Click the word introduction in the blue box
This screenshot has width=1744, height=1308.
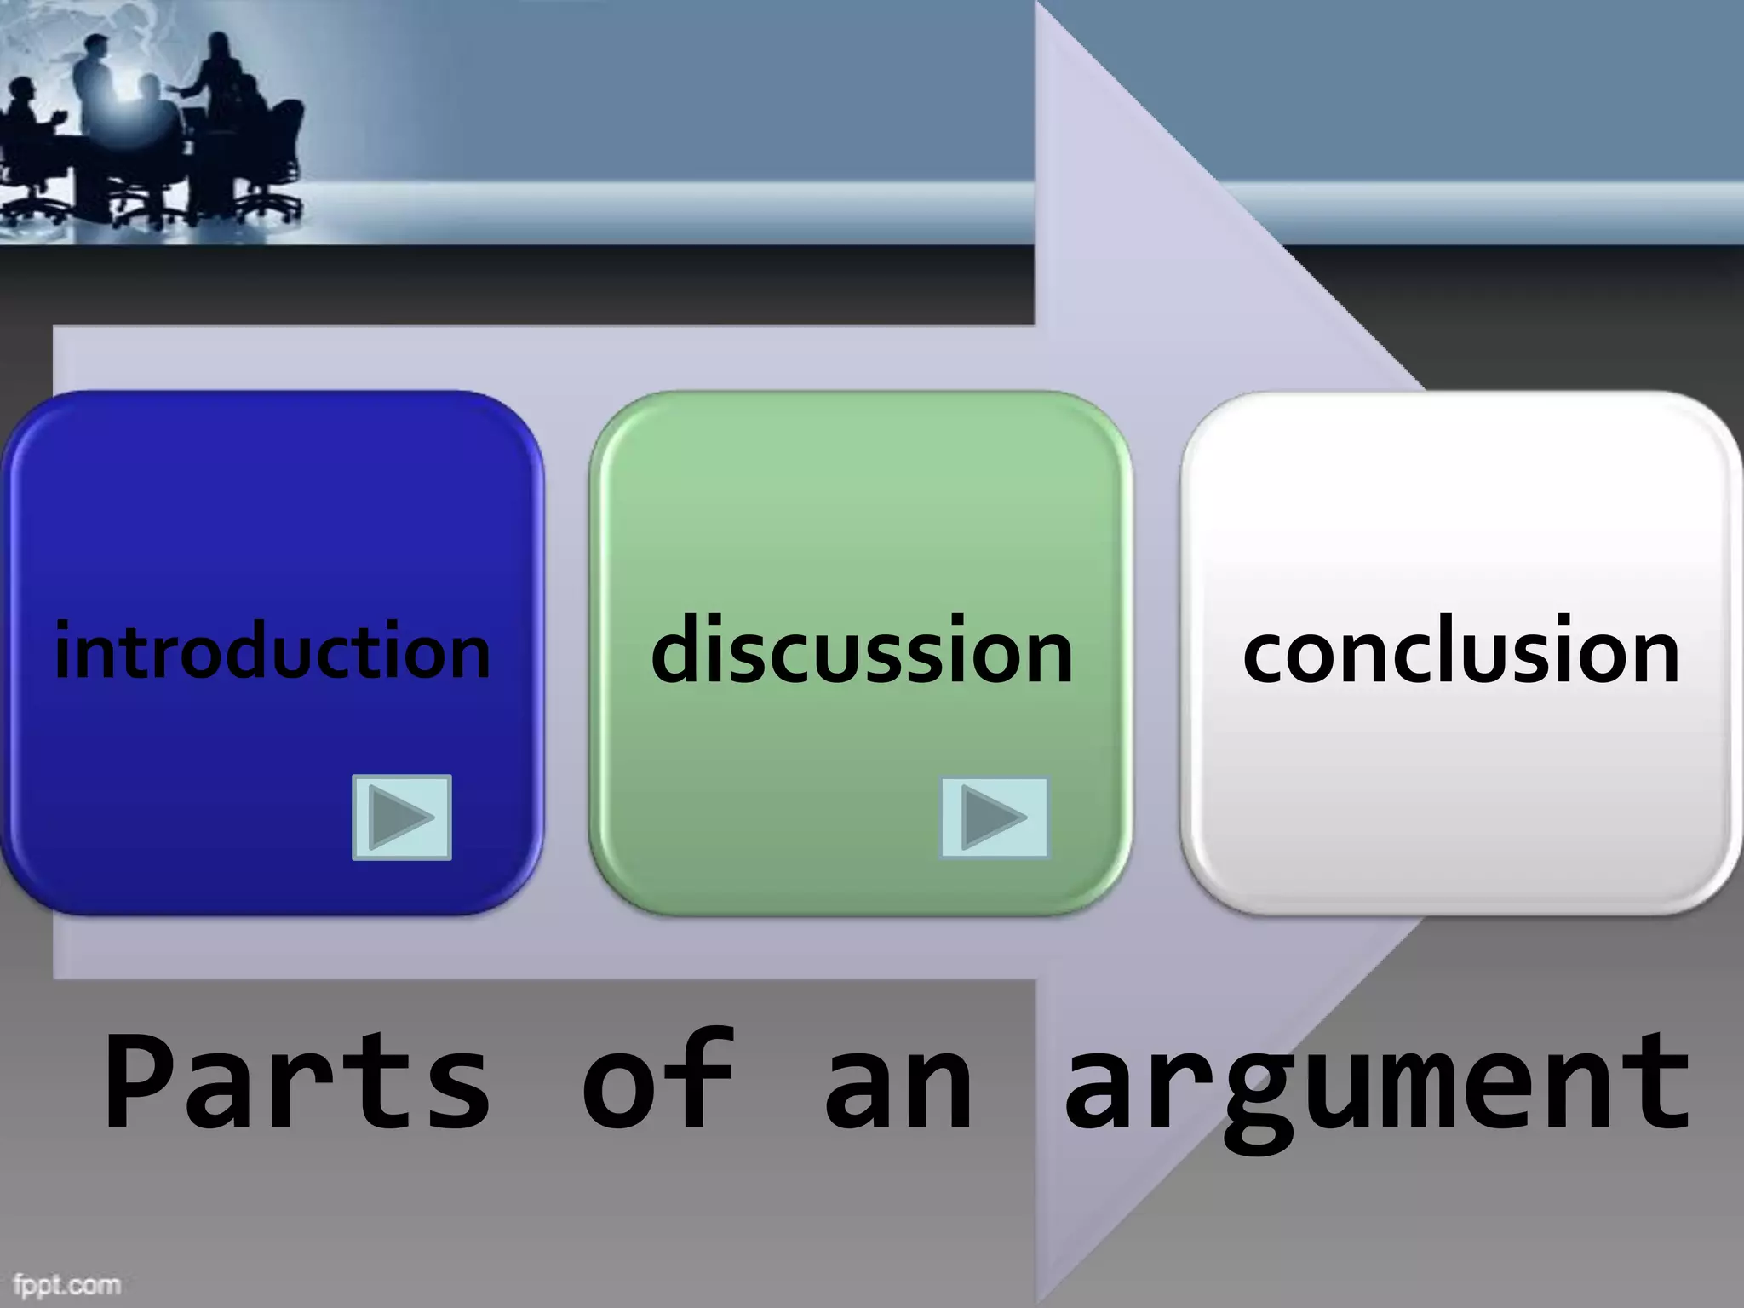click(x=272, y=651)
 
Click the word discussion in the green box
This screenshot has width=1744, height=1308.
click(x=862, y=651)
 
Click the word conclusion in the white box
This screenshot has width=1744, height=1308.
click(x=1461, y=651)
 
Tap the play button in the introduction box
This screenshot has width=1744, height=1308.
click(x=402, y=817)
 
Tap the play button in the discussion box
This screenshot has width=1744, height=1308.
click(x=994, y=817)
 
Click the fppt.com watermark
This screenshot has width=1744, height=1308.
click(x=66, y=1283)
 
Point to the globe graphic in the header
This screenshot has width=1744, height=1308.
click(x=128, y=34)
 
